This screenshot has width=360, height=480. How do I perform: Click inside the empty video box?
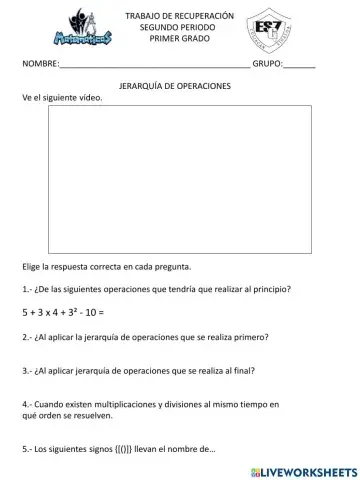179,178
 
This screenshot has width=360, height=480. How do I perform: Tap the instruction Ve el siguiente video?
62,97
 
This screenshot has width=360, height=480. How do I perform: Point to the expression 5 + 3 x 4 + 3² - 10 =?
63,312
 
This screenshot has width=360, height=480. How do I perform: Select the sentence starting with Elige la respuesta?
105,268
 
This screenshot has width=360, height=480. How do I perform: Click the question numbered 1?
156,289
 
